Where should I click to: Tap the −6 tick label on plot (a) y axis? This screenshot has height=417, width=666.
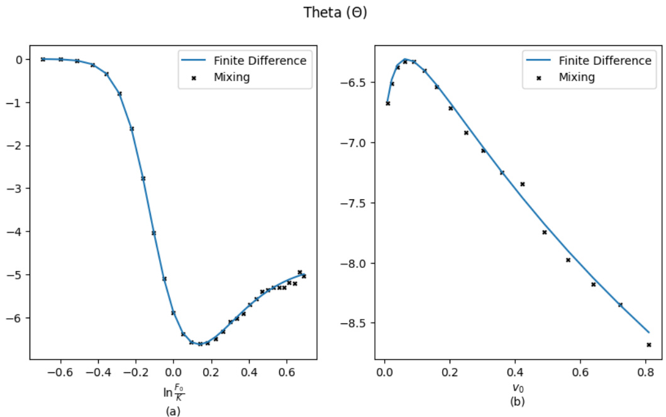click(17, 318)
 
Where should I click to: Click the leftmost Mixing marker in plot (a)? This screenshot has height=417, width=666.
click(43, 59)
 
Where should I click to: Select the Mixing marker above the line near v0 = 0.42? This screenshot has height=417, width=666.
click(522, 184)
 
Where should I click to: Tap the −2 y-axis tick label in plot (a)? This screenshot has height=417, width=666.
click(17, 145)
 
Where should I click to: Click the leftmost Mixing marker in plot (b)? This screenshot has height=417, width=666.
click(387, 103)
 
